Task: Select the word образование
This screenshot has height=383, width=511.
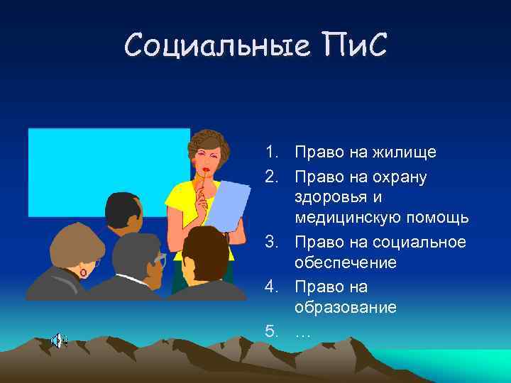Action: (x=346, y=308)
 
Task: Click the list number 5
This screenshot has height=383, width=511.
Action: (x=270, y=331)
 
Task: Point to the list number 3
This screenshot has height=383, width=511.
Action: (x=270, y=242)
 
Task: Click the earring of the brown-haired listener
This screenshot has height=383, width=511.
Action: (x=84, y=272)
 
